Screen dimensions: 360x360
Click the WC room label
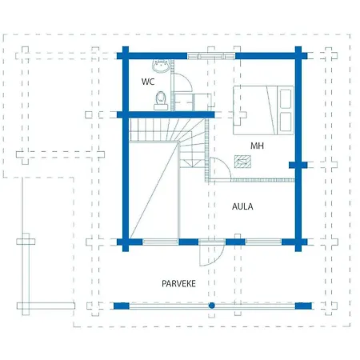coord(148,82)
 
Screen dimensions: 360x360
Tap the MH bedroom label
coord(257,146)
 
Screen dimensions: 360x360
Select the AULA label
coord(242,206)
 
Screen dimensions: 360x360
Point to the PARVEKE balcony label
coord(178,283)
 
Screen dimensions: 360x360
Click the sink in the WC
coord(161,66)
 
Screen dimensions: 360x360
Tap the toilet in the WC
coord(161,101)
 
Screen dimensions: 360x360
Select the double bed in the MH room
coord(263,110)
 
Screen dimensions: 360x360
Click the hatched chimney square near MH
coord(242,162)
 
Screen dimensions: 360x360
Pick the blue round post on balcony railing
coord(212,306)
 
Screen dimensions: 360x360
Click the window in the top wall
coord(211,56)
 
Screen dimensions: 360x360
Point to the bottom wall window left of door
coord(160,242)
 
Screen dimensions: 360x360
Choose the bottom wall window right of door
coord(263,242)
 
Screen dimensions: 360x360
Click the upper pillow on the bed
coord(286,99)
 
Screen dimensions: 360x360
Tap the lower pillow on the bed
coord(286,122)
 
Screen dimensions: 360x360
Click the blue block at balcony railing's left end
coord(122,306)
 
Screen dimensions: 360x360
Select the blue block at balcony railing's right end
coord(303,306)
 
